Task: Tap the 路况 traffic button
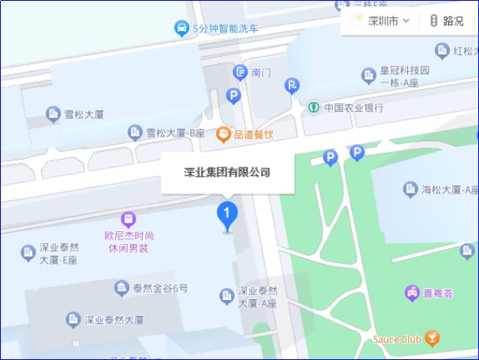point(447,21)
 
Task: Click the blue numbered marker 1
point(227,213)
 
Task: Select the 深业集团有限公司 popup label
point(227,172)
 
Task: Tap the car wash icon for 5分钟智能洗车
point(181,29)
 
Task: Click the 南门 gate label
point(261,73)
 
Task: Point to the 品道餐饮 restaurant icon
point(223,134)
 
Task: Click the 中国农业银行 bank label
point(354,107)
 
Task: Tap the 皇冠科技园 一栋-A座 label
point(404,76)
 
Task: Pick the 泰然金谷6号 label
point(161,288)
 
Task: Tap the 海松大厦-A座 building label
point(451,189)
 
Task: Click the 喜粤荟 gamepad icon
point(412,293)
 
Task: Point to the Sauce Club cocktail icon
point(432,339)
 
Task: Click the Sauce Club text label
point(396,339)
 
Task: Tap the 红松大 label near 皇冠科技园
point(465,52)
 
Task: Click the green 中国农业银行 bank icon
point(313,107)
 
